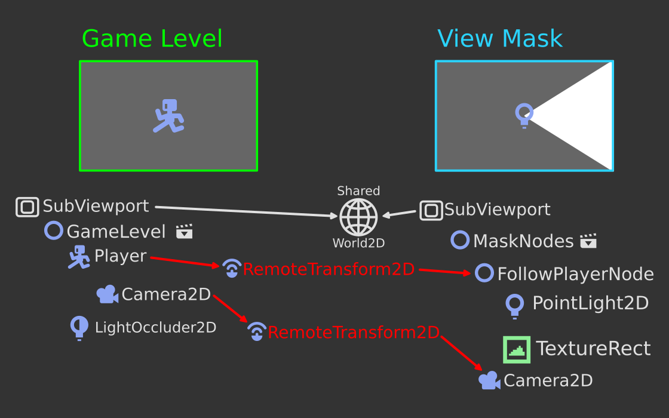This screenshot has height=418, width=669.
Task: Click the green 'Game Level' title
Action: (152, 39)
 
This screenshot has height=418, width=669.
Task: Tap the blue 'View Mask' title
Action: (500, 39)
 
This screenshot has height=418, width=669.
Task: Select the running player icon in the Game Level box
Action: (168, 116)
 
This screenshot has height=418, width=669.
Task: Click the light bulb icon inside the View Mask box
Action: (524, 115)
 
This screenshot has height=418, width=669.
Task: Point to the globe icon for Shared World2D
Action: (358, 217)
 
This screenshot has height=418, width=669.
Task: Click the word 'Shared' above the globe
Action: (358, 191)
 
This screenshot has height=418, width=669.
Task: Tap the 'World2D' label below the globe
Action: (358, 243)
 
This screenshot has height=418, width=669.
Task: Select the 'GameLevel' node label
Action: (116, 231)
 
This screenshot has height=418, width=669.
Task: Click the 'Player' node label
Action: (120, 256)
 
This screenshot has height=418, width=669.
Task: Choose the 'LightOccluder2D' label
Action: (155, 327)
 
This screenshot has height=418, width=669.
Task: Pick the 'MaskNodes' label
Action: (523, 241)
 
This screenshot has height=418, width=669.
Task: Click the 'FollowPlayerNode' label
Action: (575, 274)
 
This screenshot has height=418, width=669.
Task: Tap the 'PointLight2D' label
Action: (590, 303)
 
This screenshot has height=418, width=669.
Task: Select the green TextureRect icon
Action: (517, 349)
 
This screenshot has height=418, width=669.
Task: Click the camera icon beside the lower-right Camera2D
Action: (489, 380)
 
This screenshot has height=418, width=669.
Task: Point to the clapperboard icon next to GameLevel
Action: (185, 231)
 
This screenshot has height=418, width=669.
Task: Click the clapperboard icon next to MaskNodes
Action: (588, 241)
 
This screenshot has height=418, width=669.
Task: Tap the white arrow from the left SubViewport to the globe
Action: (245, 211)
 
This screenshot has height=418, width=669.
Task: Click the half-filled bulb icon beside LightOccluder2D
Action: (79, 328)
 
